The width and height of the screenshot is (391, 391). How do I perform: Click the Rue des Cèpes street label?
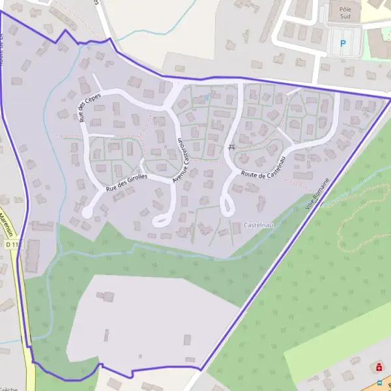tap(82, 108)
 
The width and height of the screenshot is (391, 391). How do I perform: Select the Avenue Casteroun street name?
tap(181, 160)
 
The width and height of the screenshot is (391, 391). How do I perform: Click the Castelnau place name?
tap(257, 225)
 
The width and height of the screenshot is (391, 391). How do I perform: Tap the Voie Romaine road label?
tap(319, 194)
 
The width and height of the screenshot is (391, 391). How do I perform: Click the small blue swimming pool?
tap(207, 98)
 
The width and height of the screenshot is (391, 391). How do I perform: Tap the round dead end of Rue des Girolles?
tap(87, 212)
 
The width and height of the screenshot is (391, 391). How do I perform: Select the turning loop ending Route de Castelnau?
tap(228, 209)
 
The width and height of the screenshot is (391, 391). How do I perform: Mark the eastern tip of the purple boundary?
tap(390, 98)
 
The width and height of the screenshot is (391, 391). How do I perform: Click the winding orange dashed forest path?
tap(352, 222)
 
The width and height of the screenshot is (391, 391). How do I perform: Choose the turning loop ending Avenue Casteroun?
tap(160, 220)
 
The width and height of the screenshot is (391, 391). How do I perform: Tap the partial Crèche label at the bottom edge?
tap(9, 388)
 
